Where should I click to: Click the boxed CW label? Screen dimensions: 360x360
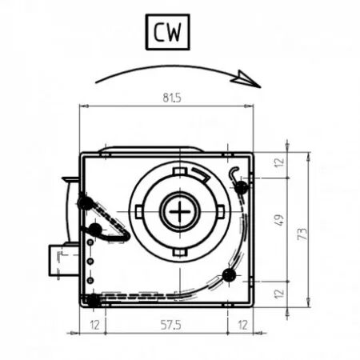[167, 32]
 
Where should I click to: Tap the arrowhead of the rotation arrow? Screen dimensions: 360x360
[250, 79]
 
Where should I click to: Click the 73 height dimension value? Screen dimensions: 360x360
[302, 233]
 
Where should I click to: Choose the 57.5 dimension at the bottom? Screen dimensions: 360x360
[166, 325]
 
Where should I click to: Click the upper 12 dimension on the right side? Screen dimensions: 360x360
[279, 162]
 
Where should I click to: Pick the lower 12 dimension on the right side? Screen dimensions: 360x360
[279, 294]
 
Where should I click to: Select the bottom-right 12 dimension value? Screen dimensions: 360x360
[241, 325]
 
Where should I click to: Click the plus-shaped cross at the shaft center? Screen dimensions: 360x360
[181, 212]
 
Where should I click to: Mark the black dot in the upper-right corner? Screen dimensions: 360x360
[239, 186]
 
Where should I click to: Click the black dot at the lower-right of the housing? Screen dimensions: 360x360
[229, 276]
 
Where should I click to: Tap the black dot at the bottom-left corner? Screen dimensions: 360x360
[94, 300]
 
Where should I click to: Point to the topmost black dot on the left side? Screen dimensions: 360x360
[84, 203]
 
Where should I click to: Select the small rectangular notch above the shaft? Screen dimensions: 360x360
[181, 173]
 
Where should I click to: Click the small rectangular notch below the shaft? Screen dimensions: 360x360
[181, 252]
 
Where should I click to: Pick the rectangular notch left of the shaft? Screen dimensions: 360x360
[140, 212]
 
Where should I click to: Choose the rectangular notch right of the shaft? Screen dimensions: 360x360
[222, 212]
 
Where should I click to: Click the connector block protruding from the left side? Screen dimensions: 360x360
[62, 260]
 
